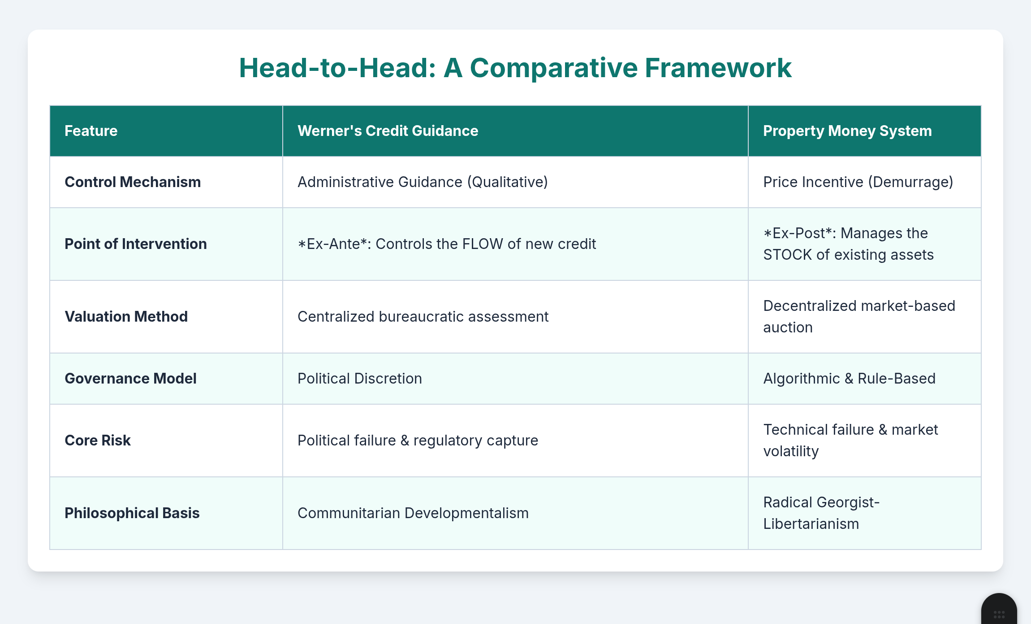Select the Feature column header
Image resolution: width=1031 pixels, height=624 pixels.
pos(91,131)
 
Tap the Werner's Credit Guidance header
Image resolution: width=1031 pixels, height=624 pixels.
pos(388,131)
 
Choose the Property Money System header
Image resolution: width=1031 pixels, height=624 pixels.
pos(847,131)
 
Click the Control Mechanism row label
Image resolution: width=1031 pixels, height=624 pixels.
pos(133,182)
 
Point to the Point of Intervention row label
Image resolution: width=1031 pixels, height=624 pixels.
pos(136,244)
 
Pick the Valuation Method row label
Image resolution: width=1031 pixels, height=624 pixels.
pos(126,317)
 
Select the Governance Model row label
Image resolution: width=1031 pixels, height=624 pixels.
pos(130,379)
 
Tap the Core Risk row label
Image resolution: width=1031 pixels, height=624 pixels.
pos(98,441)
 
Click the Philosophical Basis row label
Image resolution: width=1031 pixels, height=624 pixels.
pos(132,513)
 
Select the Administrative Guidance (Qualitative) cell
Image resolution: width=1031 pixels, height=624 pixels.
pos(423,182)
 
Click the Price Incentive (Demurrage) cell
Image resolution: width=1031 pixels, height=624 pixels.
pos(858,182)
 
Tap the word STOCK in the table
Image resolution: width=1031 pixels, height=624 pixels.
pos(787,255)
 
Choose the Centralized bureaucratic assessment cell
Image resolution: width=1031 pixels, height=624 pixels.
pos(423,317)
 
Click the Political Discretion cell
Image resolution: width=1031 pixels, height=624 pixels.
pos(360,379)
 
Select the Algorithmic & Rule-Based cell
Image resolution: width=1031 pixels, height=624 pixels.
pos(850,379)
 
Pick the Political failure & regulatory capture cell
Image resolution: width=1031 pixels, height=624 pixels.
pos(418,441)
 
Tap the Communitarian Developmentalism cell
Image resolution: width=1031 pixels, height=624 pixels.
pos(413,513)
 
